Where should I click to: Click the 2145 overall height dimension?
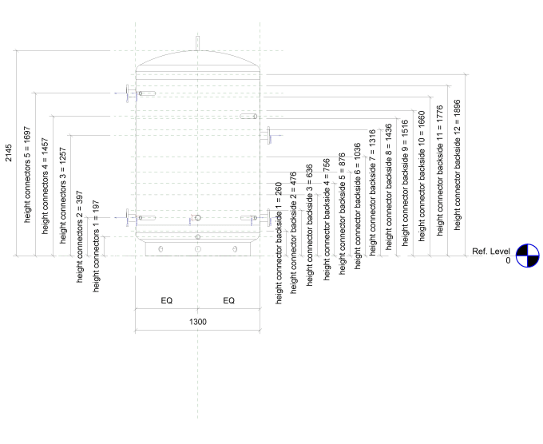tap(8, 153)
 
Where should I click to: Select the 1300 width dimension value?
tap(198, 322)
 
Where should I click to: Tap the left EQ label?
tap(167, 300)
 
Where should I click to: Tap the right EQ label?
tap(229, 300)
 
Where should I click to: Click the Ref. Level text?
tap(491, 251)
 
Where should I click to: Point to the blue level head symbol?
tap(527, 256)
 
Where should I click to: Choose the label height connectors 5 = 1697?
tap(27, 175)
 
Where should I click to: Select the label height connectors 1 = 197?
tap(96, 246)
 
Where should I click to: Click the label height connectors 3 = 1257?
tap(62, 196)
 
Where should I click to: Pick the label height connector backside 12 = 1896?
tap(457, 165)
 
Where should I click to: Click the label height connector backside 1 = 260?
tap(279, 244)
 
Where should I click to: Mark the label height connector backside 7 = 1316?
tap(372, 193)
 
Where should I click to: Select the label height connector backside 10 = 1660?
tap(422, 176)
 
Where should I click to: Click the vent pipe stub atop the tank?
tap(198, 43)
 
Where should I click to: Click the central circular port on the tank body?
tap(198, 218)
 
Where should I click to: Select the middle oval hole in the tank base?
tap(198, 249)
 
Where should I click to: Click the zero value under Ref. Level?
tap(508, 260)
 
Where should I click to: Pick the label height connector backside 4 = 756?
tap(327, 220)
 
